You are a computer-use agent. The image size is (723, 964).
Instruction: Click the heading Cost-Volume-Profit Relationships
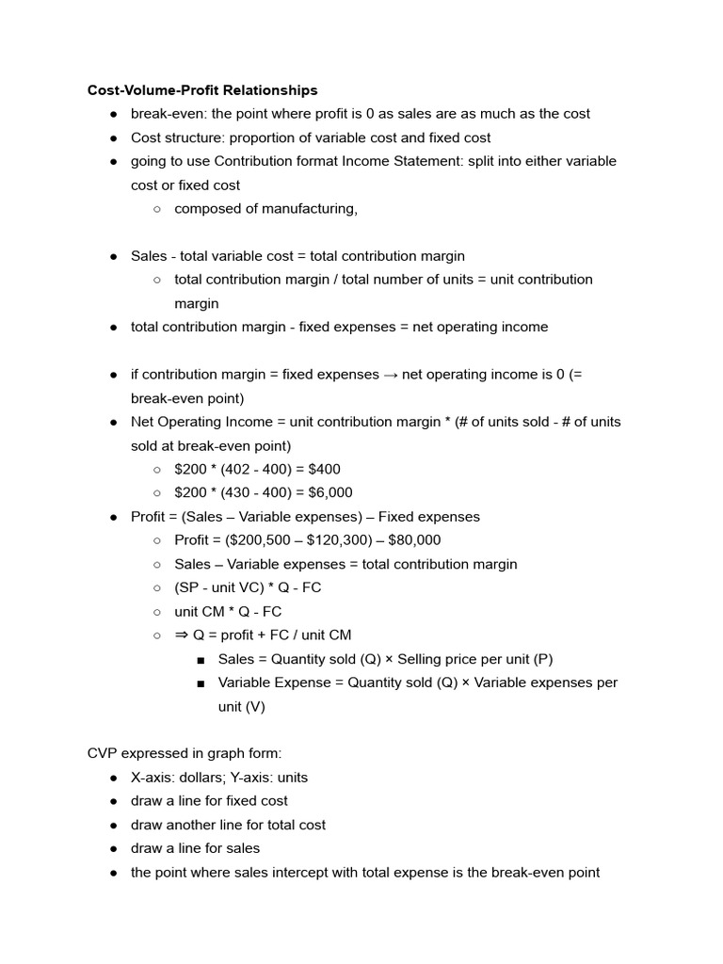point(202,90)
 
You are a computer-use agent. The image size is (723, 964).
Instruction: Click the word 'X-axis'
point(153,778)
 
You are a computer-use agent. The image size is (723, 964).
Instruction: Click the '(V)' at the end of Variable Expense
point(253,706)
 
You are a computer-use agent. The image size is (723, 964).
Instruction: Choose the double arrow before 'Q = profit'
point(182,635)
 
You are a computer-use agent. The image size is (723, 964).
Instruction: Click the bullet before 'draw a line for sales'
point(113,849)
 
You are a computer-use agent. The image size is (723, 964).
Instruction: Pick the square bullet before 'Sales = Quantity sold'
point(201,659)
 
